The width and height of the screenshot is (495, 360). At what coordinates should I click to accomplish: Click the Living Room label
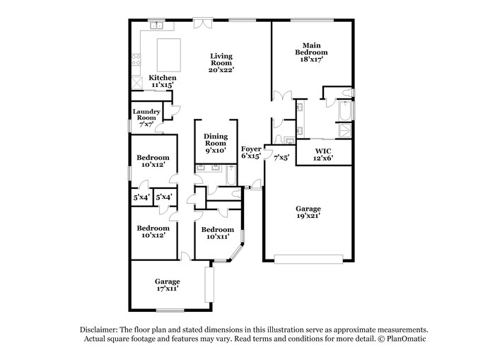pos(221,63)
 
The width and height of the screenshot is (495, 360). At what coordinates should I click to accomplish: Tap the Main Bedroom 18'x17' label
pos(311,52)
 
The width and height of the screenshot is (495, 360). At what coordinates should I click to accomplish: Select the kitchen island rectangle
pos(169,55)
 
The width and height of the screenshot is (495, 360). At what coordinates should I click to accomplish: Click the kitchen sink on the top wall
pos(156,25)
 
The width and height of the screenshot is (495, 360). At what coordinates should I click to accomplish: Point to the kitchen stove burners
pos(136,59)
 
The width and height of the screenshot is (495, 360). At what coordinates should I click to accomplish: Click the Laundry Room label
pos(146,118)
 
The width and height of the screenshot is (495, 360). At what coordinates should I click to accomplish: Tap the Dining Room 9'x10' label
pos(216,143)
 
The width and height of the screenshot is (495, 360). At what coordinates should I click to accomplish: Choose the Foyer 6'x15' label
pos(251,152)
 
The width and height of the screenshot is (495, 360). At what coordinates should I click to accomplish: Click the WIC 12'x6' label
pos(323,154)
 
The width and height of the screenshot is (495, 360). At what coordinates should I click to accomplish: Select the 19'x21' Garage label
pos(308,212)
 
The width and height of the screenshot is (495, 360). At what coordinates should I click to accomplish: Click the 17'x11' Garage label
pos(168,285)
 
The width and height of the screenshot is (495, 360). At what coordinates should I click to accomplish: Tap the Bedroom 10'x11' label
pos(218,233)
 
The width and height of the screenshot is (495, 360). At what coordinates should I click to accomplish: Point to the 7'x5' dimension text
pos(281,158)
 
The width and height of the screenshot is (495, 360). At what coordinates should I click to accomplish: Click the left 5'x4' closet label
pos(141,198)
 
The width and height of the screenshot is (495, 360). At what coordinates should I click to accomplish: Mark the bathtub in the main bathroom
pos(345,110)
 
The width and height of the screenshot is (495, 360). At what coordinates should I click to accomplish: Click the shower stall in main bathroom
pos(345,130)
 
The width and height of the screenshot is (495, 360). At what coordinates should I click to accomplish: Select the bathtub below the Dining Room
pos(231,175)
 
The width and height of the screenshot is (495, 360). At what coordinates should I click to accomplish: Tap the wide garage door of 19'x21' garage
pos(308,259)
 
